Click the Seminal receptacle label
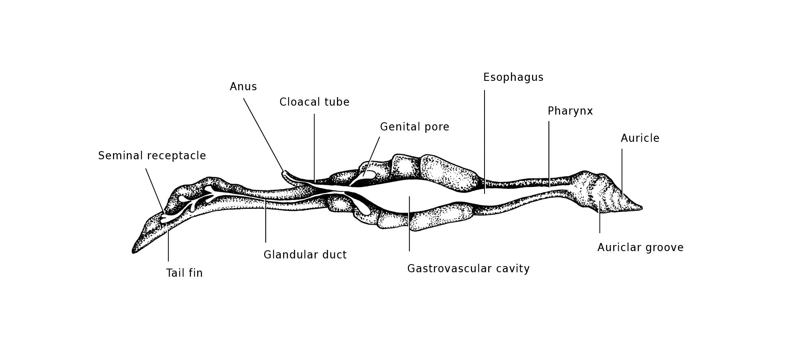coord(152,156)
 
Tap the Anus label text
coord(243,87)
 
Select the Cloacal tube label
coord(314,102)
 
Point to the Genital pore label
coord(415,127)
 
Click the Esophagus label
coord(513,78)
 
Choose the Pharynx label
coord(570,111)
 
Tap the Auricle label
coord(640,138)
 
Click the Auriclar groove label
coord(641,247)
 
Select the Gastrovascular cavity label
coord(469,269)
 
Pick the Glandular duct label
coord(305,255)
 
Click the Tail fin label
coord(184,273)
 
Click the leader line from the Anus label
coord(264,135)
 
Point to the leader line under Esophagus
coord(485,142)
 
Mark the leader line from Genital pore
coord(372,156)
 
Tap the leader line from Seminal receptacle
coord(155,191)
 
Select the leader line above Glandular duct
coord(266,221)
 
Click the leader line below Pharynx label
coord(549,154)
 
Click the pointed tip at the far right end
coord(642,208)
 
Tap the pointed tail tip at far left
coord(134,252)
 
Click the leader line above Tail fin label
coord(168,246)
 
